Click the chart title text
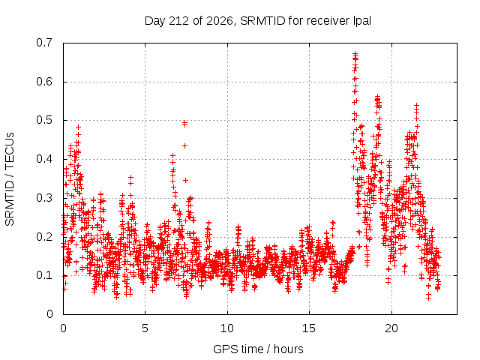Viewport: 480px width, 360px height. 258,21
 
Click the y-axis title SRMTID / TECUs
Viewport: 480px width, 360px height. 10,179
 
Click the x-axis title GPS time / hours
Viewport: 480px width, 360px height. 258,349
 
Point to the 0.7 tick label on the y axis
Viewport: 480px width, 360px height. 44,43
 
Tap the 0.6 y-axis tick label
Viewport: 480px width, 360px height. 44,82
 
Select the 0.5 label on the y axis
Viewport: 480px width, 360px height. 44,120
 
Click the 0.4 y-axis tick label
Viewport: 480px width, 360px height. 44,159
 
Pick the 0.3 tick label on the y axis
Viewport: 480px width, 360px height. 44,198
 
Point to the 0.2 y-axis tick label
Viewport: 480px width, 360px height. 44,237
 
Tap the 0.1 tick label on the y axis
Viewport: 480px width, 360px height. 44,275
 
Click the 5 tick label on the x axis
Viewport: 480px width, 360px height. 145,328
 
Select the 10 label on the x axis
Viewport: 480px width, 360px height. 227,328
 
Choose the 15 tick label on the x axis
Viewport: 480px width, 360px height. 309,328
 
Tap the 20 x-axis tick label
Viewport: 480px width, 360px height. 391,328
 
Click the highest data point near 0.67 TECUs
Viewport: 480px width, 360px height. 355,54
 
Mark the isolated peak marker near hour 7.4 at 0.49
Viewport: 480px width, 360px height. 184,123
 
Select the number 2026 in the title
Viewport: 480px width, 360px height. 220,21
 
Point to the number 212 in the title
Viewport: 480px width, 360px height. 179,21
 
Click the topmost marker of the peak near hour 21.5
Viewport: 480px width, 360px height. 417,106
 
